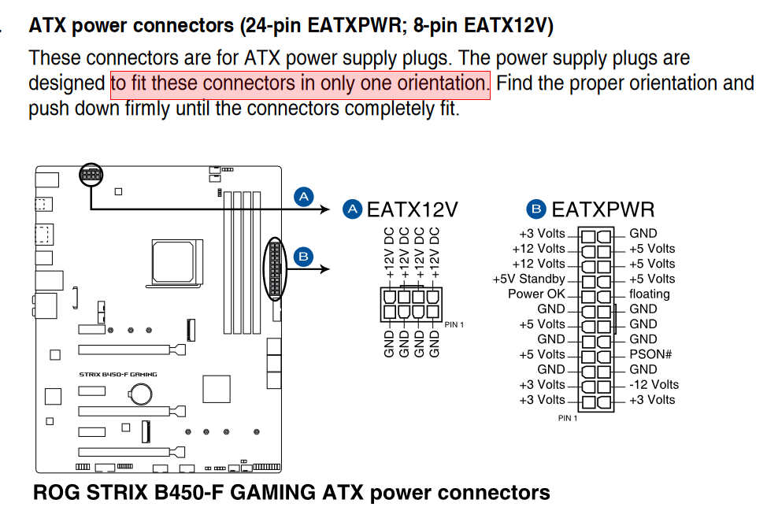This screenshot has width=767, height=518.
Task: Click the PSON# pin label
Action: (650, 354)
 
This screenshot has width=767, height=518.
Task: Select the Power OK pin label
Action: (536, 294)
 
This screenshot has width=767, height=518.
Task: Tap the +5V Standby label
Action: (528, 279)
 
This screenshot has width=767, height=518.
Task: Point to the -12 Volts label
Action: (654, 384)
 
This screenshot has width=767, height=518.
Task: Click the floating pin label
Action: (649, 294)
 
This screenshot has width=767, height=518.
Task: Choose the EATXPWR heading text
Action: (603, 209)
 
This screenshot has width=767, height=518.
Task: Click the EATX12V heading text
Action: (413, 209)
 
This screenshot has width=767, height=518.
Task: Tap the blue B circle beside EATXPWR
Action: (536, 209)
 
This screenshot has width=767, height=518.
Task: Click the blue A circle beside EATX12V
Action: (352, 209)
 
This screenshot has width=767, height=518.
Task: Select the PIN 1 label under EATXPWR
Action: (568, 418)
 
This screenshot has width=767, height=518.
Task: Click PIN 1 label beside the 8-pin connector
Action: (454, 325)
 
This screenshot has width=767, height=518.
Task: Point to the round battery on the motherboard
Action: (141, 392)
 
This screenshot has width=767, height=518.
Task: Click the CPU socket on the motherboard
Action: (172, 261)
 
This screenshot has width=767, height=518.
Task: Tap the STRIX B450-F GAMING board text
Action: (118, 375)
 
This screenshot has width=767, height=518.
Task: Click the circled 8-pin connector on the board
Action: (91, 175)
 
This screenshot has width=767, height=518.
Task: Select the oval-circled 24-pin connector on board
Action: (275, 269)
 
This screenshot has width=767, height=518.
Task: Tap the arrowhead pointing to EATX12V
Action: (324, 209)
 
